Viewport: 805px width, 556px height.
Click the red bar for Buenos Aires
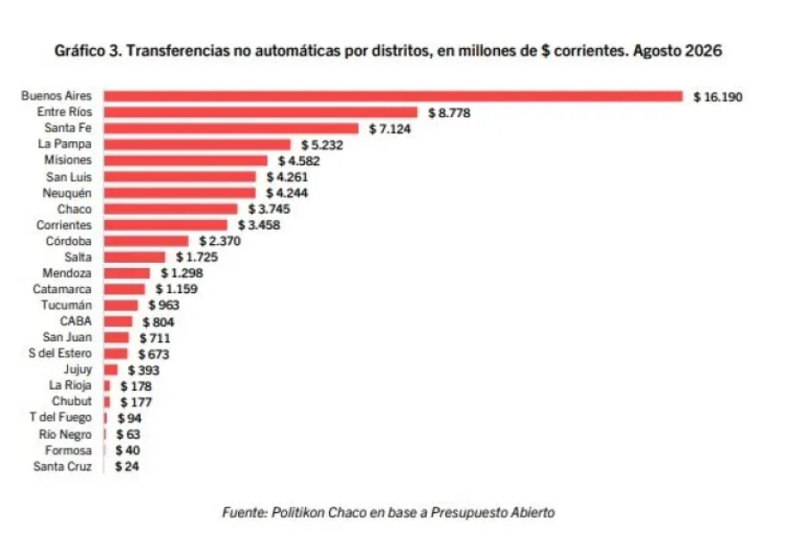coord(394,97)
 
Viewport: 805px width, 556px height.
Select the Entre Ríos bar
coord(261,113)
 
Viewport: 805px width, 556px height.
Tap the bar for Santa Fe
coord(231,128)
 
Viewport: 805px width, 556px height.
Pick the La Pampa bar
coord(197,145)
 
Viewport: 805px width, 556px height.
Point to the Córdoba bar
coord(146,241)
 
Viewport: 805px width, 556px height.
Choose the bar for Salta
coord(134,257)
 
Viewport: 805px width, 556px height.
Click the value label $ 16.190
coord(717,97)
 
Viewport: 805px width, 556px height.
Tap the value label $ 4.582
coord(299,161)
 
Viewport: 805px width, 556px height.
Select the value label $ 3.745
coord(269,209)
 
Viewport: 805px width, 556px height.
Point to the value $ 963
coord(164,305)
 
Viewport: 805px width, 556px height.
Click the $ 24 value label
coord(127,467)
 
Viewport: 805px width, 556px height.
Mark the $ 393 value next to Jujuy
coord(144,370)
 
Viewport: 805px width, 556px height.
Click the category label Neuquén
coord(67,193)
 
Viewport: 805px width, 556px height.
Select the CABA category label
coord(75,321)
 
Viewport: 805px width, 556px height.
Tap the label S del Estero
coord(60,353)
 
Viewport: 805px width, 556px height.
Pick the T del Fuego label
coord(60,417)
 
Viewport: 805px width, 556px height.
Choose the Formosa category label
coord(68,451)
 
